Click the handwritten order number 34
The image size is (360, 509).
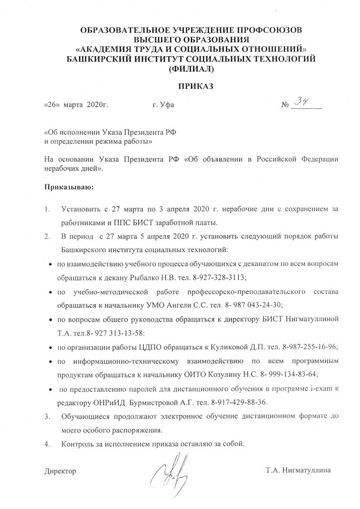click(302, 102)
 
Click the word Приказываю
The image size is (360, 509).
click(69, 188)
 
